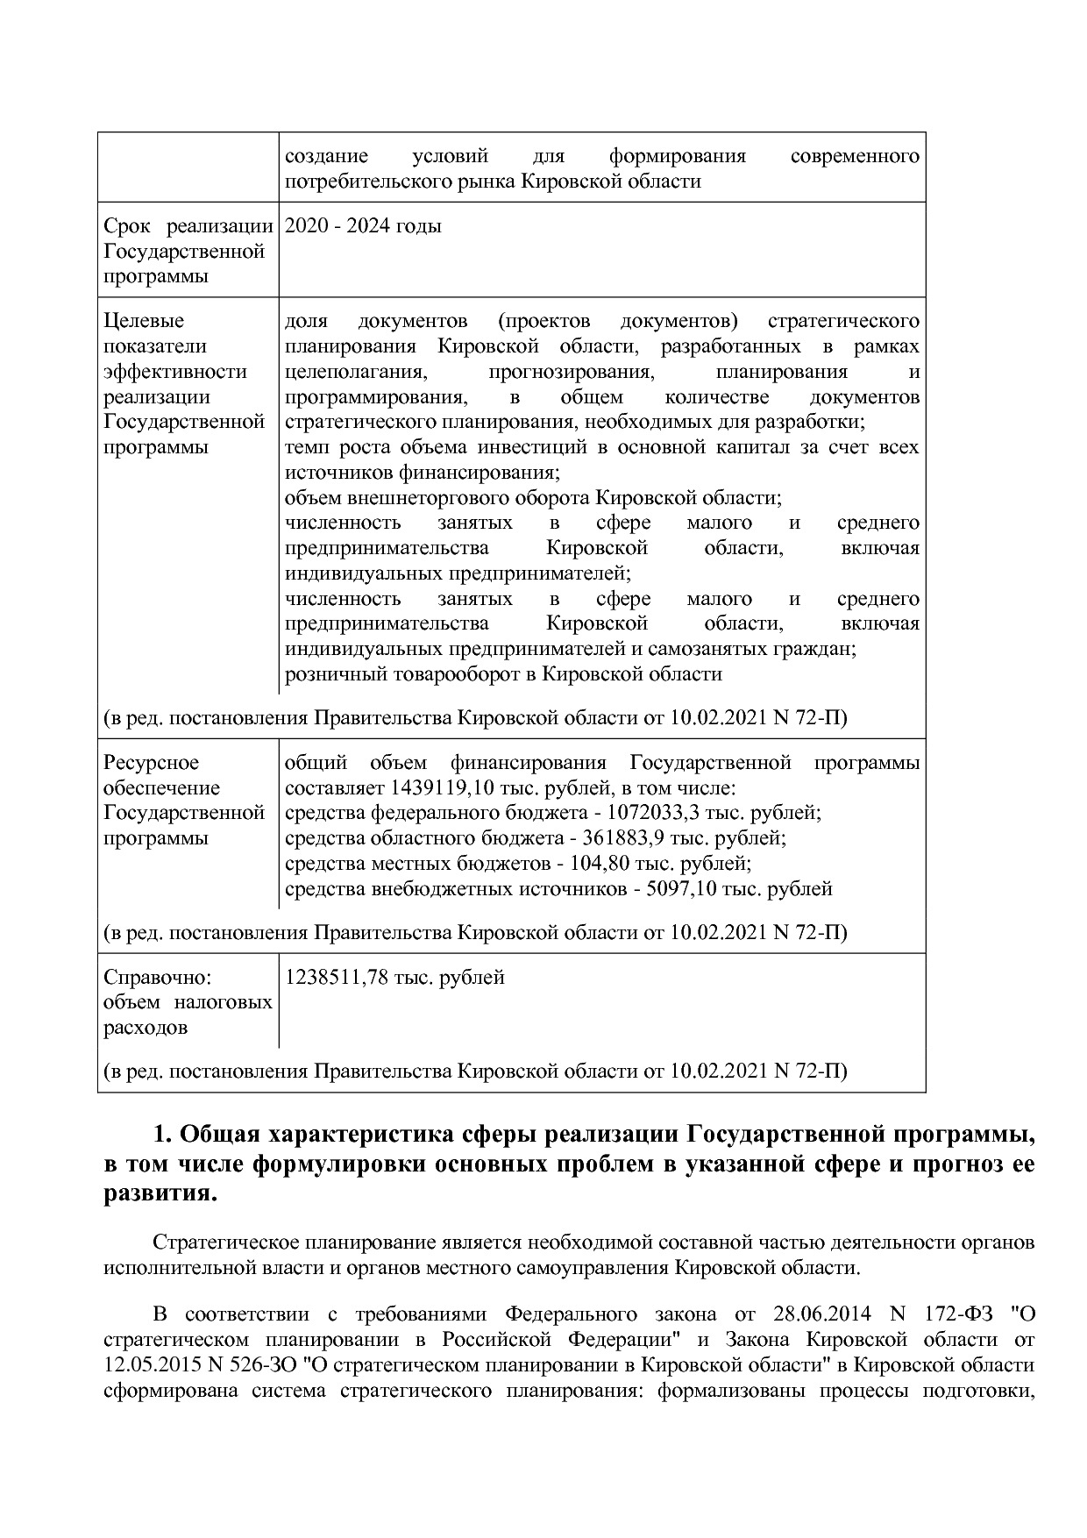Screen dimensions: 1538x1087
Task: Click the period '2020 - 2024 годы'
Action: tap(363, 226)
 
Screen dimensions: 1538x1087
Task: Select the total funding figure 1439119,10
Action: tap(444, 787)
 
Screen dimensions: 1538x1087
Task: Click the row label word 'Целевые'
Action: tap(145, 321)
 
